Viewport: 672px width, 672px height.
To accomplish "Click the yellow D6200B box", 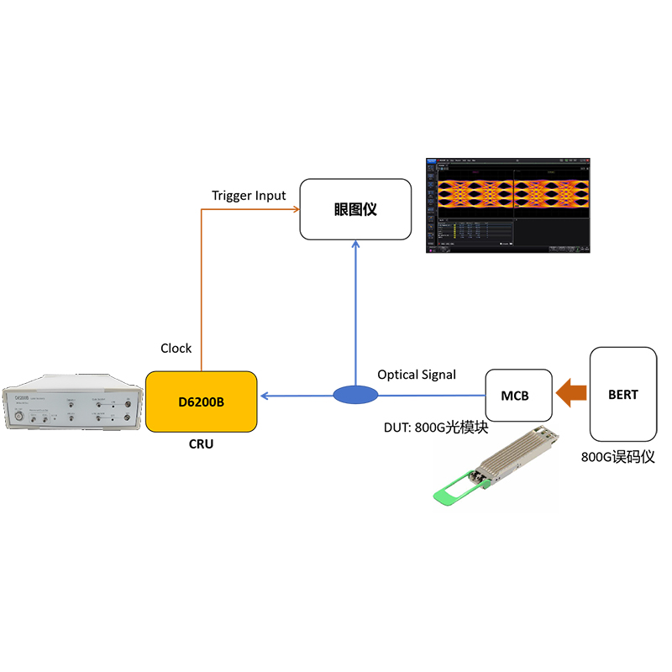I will [202, 402].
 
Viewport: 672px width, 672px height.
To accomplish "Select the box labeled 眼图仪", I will [355, 209].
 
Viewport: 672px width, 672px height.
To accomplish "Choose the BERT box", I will [622, 394].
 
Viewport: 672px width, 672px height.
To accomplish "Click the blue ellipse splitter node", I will [355, 394].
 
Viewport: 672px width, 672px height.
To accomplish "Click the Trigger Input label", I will [249, 196].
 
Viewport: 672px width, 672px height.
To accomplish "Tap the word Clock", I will [176, 348].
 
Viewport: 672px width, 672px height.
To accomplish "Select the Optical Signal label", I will [417, 375].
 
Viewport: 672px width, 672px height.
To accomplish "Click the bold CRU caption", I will [202, 444].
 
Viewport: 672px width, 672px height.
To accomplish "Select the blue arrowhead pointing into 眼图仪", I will [355, 246].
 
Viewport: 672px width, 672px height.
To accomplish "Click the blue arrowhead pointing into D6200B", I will [265, 394].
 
